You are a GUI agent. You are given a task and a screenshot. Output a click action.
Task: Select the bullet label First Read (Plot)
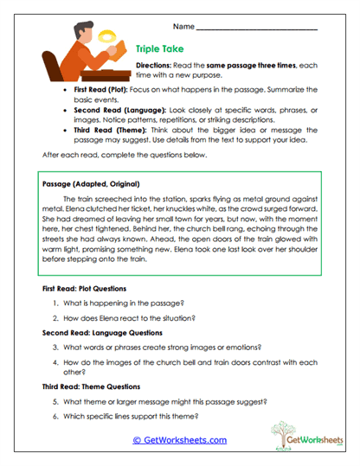(x=101, y=90)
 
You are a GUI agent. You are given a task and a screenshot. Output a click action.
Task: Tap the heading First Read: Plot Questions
(x=84, y=288)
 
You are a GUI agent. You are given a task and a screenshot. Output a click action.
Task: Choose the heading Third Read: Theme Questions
(x=90, y=388)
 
